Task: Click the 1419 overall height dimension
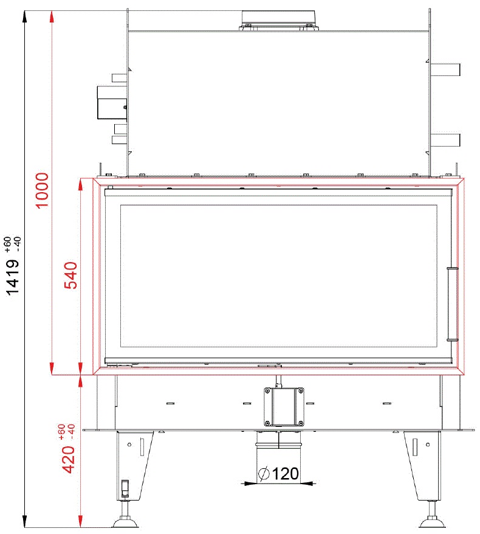(13, 277)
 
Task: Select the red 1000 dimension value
(43, 190)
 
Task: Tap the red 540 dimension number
(70, 275)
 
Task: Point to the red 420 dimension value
(68, 460)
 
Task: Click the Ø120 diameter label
(279, 474)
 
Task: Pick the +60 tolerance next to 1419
(7, 244)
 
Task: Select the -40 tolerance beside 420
(71, 431)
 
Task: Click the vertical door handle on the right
(453, 303)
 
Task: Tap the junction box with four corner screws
(284, 407)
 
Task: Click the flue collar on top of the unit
(278, 21)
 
